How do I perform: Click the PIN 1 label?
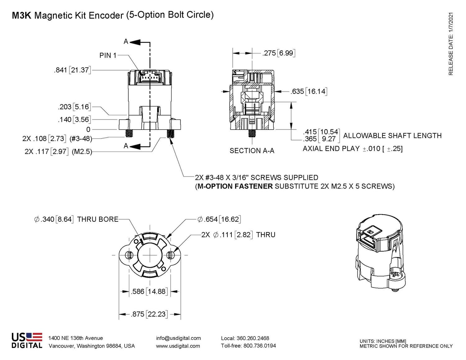coord(108,55)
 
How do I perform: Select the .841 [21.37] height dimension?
coord(72,70)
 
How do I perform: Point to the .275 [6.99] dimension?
coord(279,53)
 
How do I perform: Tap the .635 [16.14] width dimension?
coord(308,91)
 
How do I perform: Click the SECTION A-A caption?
coord(252,151)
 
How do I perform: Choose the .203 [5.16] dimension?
coord(74,107)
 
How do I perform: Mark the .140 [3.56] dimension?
coord(74,120)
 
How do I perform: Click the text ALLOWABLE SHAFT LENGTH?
coord(392,136)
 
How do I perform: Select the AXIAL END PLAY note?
coord(352,149)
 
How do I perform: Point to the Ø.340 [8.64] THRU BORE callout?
coord(76,219)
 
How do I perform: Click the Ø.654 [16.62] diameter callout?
coord(219,219)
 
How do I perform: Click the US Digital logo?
coord(27,341)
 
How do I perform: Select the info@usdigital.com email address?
coord(178,338)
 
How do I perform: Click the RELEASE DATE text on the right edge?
coord(451,43)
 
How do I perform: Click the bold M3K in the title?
coord(21,16)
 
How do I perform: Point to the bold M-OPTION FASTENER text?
coord(235,186)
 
